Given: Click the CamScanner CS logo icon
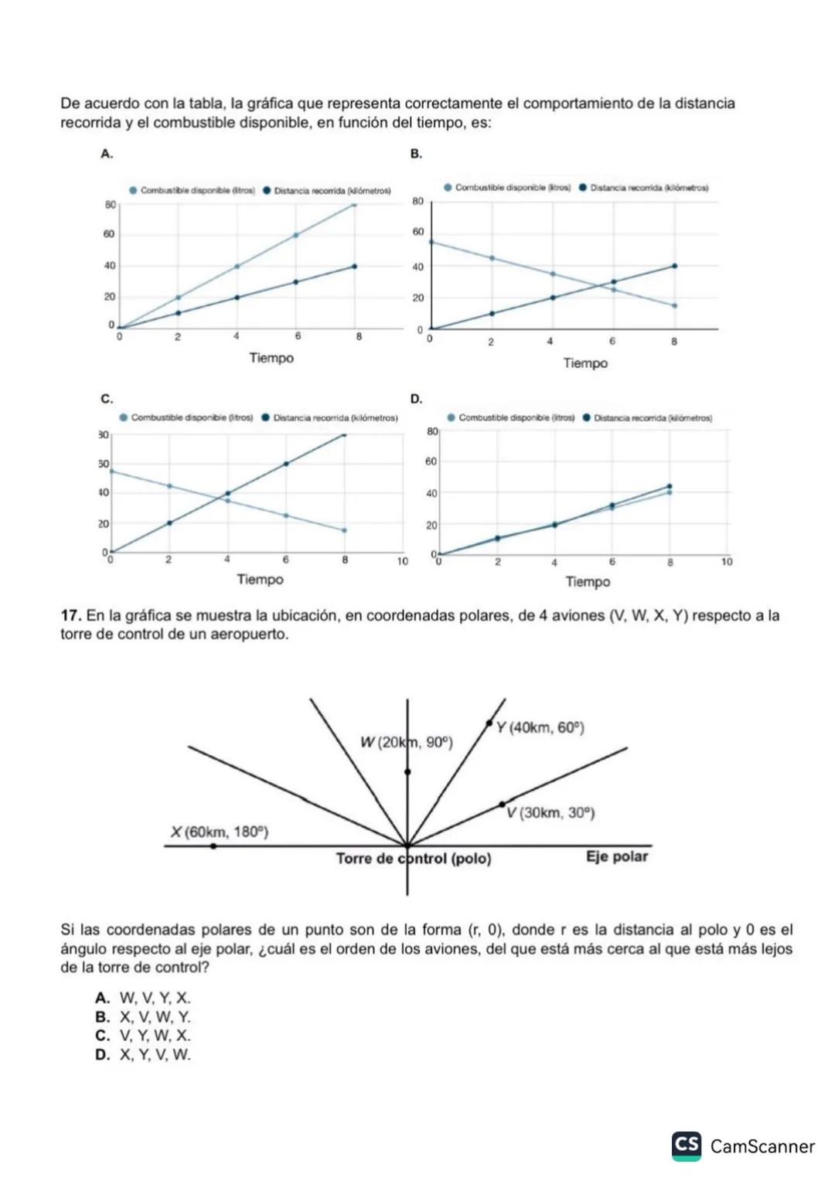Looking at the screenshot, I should coord(687,1145).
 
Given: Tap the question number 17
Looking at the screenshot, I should coord(70,616).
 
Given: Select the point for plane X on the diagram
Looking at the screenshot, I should coord(213,846).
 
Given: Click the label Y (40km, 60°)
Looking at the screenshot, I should coord(540,728).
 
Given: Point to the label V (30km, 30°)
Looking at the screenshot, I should coord(550,813).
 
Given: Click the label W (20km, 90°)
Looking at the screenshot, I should coord(406,743).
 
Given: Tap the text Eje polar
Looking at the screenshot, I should coord(616,856).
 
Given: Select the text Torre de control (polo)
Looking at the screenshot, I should coord(414,859).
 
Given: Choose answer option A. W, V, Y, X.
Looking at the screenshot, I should coord(142,999).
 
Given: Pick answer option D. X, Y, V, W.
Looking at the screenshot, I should coord(142,1055).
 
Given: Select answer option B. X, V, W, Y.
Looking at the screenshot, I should coord(142,1017).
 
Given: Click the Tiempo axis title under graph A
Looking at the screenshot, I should coord(271,358).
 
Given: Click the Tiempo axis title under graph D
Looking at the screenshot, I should coord(588,581).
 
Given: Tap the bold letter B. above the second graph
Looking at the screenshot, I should coord(416,154).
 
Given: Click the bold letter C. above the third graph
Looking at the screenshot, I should coord(107,399).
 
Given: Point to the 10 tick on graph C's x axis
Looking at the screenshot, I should coord(403,562).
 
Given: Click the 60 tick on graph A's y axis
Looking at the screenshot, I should coord(110,234).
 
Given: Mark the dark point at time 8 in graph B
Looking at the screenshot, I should coord(674,266).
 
